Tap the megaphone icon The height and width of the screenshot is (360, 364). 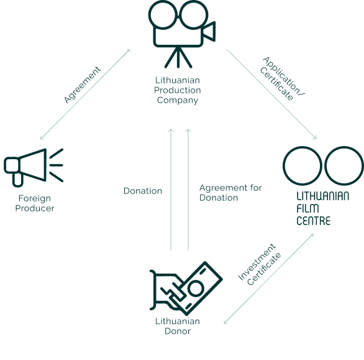tap(34, 167)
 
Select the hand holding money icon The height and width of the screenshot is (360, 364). tap(186, 288)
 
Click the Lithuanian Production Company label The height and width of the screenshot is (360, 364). tap(178, 90)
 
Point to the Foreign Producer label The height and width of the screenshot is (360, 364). tap(35, 203)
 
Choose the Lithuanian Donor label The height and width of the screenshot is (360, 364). tap(178, 326)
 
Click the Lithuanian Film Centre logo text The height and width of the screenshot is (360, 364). tap(322, 208)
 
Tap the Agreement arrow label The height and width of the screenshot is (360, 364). tap(83, 85)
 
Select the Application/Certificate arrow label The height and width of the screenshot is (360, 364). tap(282, 79)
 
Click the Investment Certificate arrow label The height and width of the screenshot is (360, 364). tap(260, 264)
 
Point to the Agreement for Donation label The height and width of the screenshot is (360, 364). tap(230, 193)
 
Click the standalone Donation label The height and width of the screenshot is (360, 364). tap(143, 191)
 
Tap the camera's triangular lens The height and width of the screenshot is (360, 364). tap(209, 32)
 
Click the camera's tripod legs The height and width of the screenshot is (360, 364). tap(178, 57)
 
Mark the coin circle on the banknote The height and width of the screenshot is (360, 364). tap(196, 288)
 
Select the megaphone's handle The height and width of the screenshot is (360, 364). tap(17, 180)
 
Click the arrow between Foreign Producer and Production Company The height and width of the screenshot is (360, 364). tap(85, 95)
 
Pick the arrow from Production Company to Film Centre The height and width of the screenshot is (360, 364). tap(272, 95)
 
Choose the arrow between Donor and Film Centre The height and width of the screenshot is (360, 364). tap(269, 279)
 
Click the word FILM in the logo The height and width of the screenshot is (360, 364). tap(307, 208)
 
